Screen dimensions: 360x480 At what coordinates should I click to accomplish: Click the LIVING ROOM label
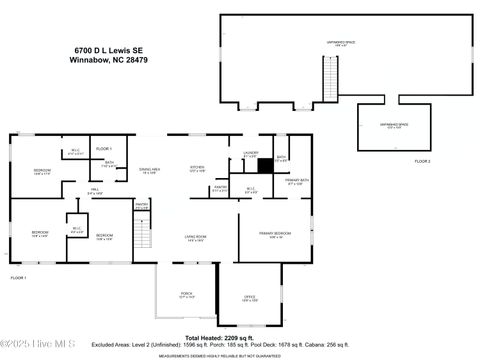195,238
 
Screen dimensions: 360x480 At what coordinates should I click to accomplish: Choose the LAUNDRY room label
251,153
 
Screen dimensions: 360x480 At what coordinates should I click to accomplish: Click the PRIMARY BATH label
297,183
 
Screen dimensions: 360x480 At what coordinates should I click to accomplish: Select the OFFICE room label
250,299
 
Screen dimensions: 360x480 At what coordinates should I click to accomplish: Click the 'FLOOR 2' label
422,160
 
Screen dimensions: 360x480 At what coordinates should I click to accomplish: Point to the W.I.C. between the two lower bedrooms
76,230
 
